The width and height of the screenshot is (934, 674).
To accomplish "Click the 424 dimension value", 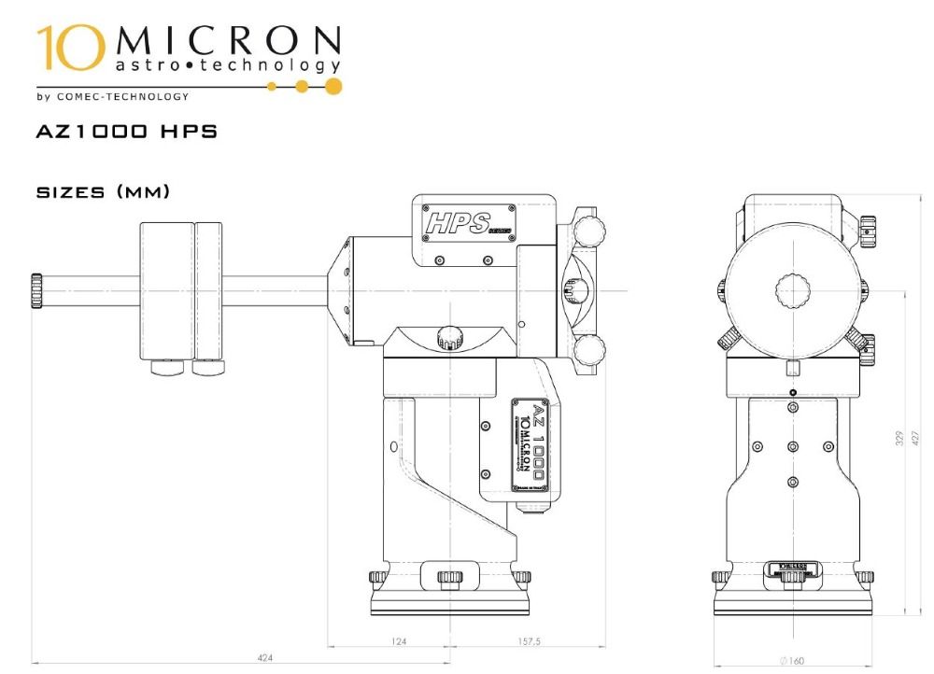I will tap(264, 658).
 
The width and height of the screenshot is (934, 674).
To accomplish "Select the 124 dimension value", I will tap(401, 641).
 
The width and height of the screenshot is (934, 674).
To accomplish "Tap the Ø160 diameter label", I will tap(791, 661).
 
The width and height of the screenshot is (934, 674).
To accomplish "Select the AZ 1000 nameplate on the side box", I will tap(528, 444).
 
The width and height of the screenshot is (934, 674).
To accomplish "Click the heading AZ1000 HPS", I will tap(126, 133).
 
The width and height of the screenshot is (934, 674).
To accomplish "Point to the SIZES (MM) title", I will tap(103, 192).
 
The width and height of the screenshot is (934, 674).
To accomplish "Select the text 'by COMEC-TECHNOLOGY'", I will tap(112, 96).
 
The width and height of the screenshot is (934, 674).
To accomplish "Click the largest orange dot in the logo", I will tap(333, 87).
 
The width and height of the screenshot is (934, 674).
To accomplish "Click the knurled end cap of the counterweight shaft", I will tap(36, 290).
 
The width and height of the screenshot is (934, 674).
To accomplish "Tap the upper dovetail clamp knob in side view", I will tap(588, 229).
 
